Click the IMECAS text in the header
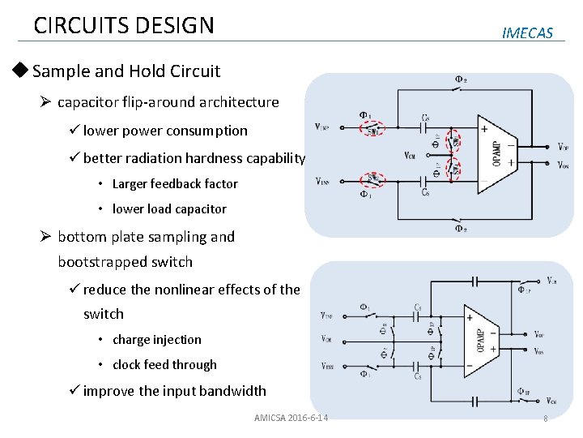(x=527, y=33)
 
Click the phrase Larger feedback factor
(x=175, y=184)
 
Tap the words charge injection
(x=157, y=340)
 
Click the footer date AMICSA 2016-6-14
(x=291, y=418)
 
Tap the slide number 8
(x=545, y=419)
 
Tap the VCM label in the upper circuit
(x=411, y=155)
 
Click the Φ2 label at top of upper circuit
(x=461, y=79)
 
